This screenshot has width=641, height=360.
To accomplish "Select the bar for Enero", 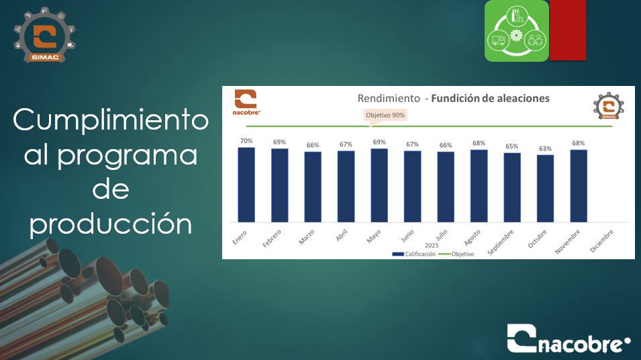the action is pyautogui.click(x=246, y=185).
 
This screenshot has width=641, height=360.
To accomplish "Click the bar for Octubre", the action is pyautogui.click(x=545, y=189).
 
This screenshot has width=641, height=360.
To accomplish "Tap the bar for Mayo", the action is pyautogui.click(x=379, y=185).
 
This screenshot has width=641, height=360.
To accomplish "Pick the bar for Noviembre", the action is pyautogui.click(x=579, y=186).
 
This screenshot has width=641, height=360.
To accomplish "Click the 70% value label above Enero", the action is pyautogui.click(x=246, y=141).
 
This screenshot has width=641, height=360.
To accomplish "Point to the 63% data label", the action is pyautogui.click(x=545, y=148).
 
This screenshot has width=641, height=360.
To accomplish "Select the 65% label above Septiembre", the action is pyautogui.click(x=512, y=146).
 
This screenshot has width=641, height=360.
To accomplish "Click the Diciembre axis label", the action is pyautogui.click(x=602, y=241).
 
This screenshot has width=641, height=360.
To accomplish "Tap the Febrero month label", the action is pyautogui.click(x=271, y=238).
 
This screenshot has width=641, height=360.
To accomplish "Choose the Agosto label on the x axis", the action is pyautogui.click(x=472, y=238).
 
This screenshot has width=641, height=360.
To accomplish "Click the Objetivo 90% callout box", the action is pyautogui.click(x=385, y=116).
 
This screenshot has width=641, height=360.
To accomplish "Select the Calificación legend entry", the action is pyautogui.click(x=413, y=254).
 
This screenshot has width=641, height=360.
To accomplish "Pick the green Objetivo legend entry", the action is pyautogui.click(x=456, y=254).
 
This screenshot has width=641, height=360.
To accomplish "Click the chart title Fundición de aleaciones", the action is pyautogui.click(x=490, y=98).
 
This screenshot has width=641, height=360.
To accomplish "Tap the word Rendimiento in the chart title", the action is pyautogui.click(x=389, y=98).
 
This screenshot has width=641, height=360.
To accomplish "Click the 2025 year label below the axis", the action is pyautogui.click(x=432, y=245).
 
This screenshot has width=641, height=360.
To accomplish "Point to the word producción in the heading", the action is pyautogui.click(x=110, y=224).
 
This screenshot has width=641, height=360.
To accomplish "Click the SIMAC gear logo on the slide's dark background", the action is pyautogui.click(x=44, y=35).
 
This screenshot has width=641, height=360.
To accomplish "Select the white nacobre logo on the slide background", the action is pyautogui.click(x=569, y=339).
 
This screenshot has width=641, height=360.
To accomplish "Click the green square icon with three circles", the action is pyautogui.click(x=517, y=31).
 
